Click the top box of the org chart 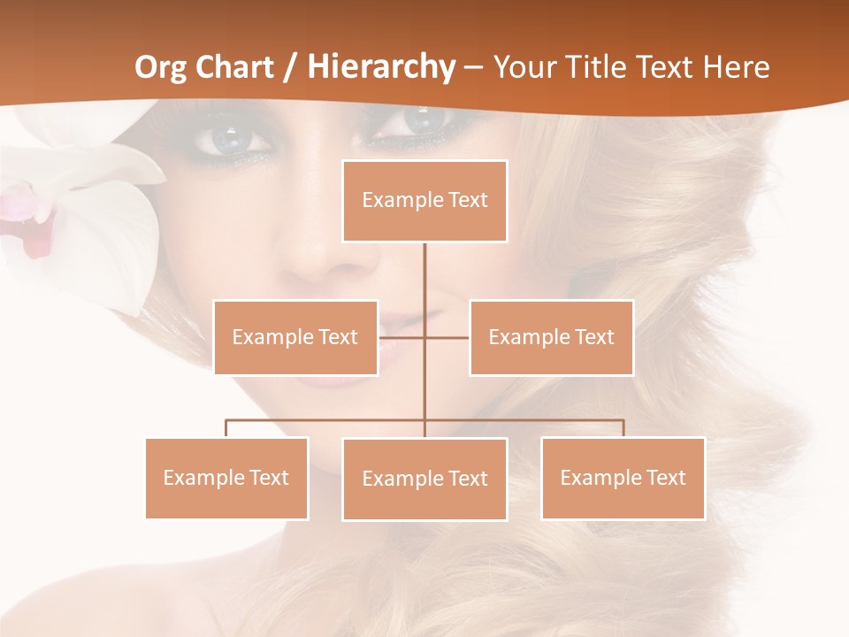pos(424,201)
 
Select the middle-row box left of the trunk pos(295,337)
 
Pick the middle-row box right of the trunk pos(551,337)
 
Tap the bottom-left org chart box pos(226,478)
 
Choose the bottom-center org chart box pos(424,479)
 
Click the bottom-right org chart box pos(623,478)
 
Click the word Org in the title pos(162,67)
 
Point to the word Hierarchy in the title pos(381,67)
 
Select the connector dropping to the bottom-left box pos(226,428)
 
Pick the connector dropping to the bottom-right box pos(623,428)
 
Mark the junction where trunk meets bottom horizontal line pos(424,420)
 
